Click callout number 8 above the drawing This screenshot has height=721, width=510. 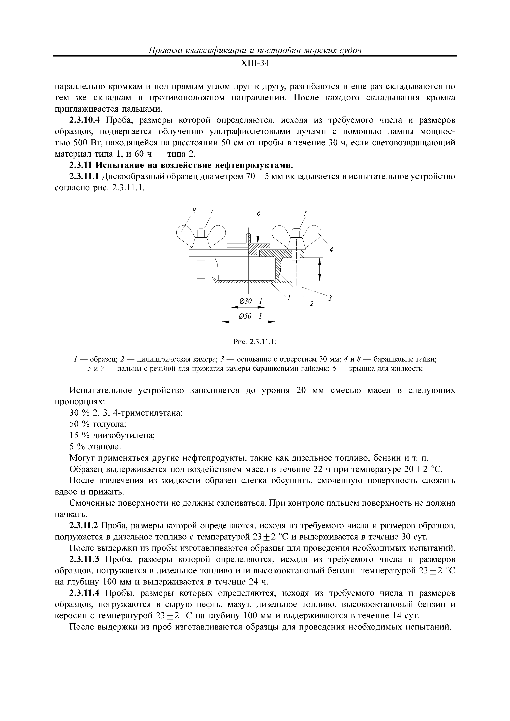(x=194, y=211)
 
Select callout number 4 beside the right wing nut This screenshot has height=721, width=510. (x=331, y=250)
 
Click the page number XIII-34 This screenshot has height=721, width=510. (x=255, y=64)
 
